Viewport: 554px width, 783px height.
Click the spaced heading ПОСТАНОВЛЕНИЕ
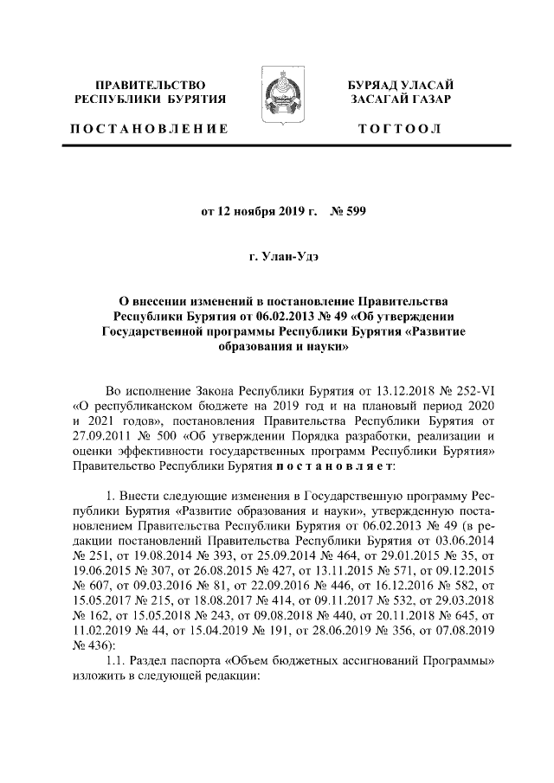pos(149,129)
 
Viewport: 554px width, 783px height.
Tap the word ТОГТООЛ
pos(400,129)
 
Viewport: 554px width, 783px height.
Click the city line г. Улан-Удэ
pos(277,257)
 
